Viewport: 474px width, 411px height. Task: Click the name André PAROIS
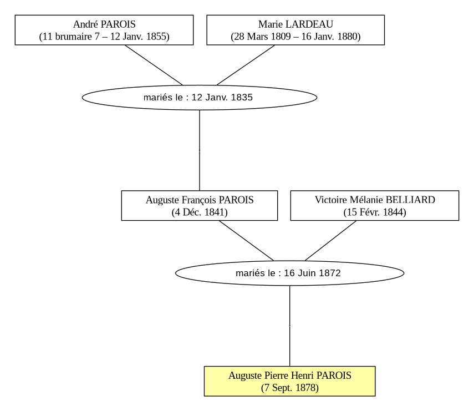point(104,24)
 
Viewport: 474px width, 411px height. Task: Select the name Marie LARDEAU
point(295,24)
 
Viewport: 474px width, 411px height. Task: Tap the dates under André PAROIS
point(104,37)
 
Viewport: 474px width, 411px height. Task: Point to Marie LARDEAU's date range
point(295,37)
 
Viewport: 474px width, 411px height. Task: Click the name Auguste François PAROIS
point(200,200)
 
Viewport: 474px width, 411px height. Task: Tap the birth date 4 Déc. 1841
point(200,212)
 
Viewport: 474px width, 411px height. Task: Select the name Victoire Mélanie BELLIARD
point(375,200)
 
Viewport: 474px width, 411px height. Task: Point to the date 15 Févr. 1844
point(375,212)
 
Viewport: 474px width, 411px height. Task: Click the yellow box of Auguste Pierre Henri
point(289,381)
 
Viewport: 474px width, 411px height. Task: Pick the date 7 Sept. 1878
point(289,388)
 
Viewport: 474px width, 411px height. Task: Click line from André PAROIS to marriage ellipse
point(154,65)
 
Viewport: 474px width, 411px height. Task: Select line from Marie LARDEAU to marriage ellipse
point(246,65)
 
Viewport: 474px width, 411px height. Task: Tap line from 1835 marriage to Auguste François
point(200,150)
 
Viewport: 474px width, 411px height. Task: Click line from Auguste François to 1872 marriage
point(246,241)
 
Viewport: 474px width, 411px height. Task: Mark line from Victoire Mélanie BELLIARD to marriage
point(331,241)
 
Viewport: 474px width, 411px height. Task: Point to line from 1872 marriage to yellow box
point(289,326)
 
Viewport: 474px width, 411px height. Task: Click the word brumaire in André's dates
point(74,37)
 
